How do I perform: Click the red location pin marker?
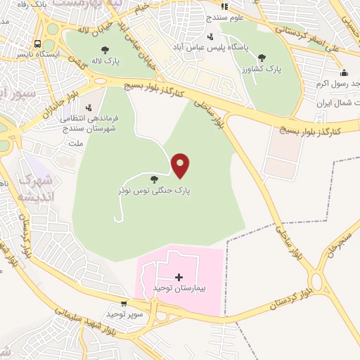(181, 165)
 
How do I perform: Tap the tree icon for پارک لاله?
(105, 50)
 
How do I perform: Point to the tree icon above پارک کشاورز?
(262, 58)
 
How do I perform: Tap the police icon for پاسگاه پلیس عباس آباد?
(210, 37)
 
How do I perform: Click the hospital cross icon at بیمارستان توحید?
(179, 277)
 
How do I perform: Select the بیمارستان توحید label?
(179, 290)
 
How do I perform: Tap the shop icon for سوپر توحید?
(124, 304)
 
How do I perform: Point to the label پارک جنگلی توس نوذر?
(153, 190)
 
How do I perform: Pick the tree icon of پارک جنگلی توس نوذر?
(153, 179)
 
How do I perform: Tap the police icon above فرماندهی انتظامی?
(89, 108)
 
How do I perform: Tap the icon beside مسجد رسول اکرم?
(344, 72)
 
